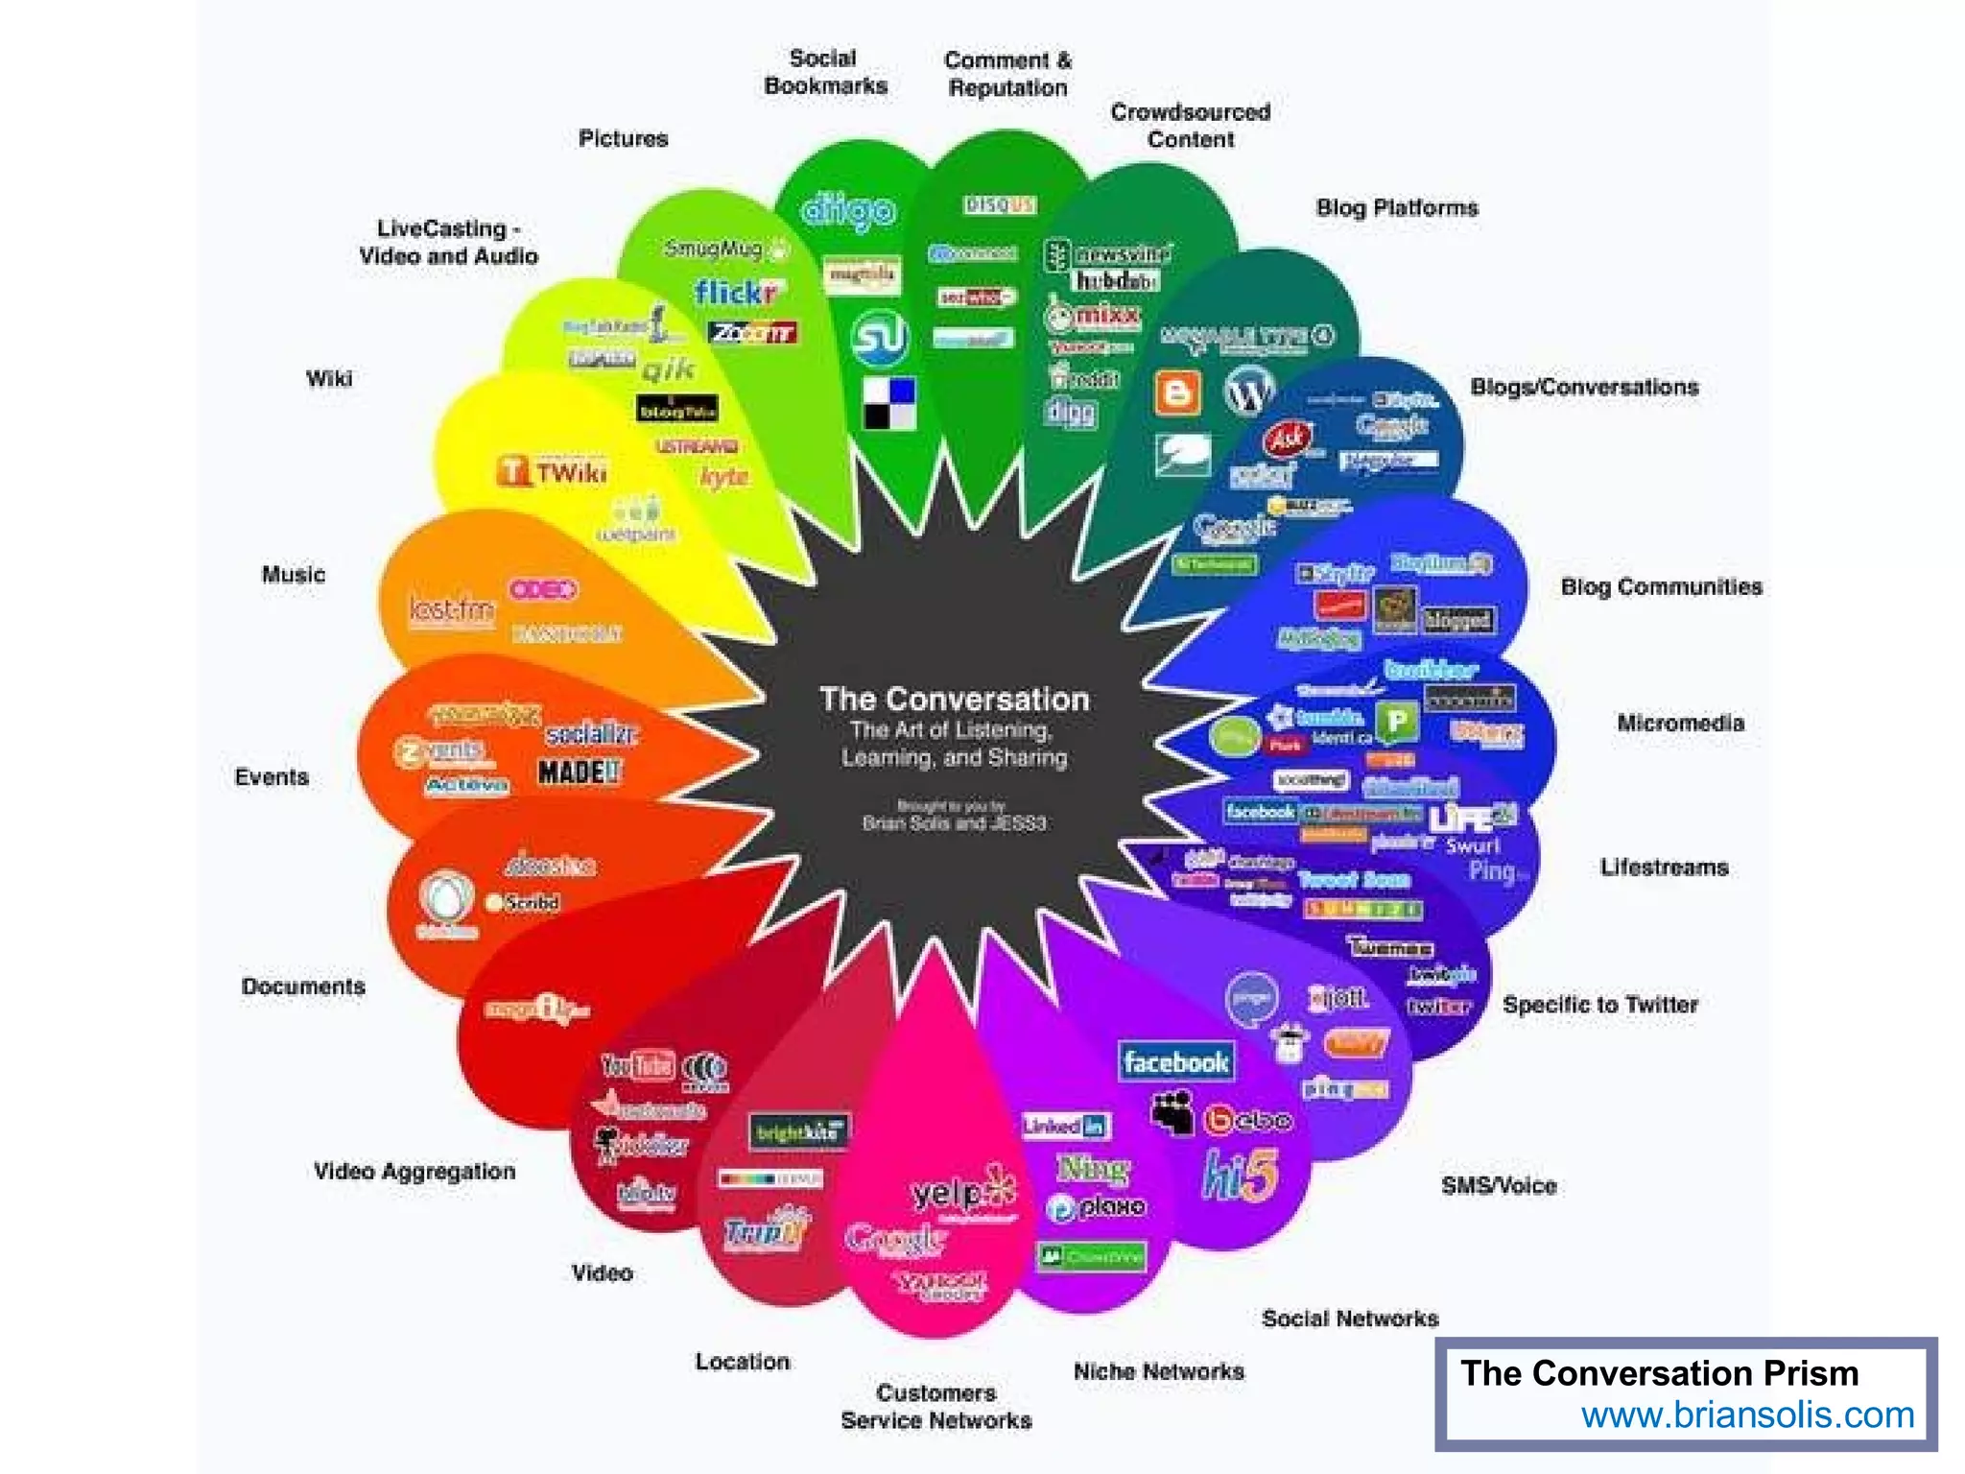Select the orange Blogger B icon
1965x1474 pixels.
(1177, 392)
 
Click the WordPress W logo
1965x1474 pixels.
(1249, 391)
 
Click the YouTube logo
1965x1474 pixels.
(638, 1064)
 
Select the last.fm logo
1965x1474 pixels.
(451, 609)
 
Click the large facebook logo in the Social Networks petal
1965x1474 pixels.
(1176, 1062)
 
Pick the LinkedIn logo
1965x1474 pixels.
(1065, 1126)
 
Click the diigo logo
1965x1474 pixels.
(848, 210)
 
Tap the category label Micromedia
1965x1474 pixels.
(1680, 723)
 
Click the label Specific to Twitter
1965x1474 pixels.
(1599, 1005)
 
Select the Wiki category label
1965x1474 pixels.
(329, 378)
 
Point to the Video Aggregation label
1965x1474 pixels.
(414, 1171)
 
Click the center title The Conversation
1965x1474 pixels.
(954, 699)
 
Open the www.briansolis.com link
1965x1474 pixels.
(1747, 1415)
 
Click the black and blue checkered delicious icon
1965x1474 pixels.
(889, 403)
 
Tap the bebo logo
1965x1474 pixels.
(1248, 1120)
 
